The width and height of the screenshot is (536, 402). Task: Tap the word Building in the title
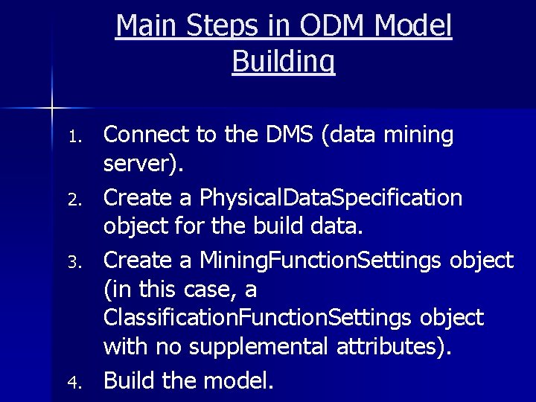(x=284, y=61)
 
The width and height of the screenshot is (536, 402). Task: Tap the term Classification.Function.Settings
(x=253, y=318)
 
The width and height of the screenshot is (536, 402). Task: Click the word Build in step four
(x=129, y=380)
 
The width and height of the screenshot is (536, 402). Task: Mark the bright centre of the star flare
(x=51, y=109)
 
